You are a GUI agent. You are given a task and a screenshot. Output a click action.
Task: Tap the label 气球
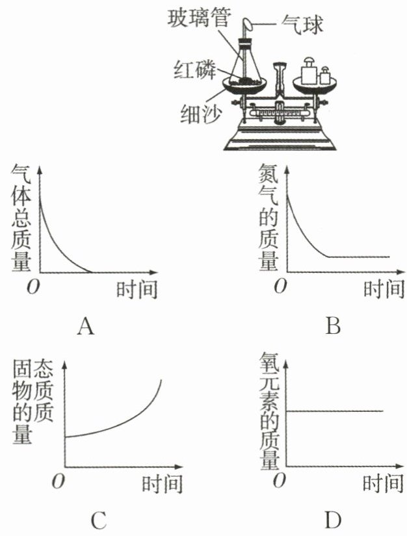coord(301,26)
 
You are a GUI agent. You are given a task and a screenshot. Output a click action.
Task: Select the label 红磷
coord(193,68)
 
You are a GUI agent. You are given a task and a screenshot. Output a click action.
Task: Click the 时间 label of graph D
coord(383,484)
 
